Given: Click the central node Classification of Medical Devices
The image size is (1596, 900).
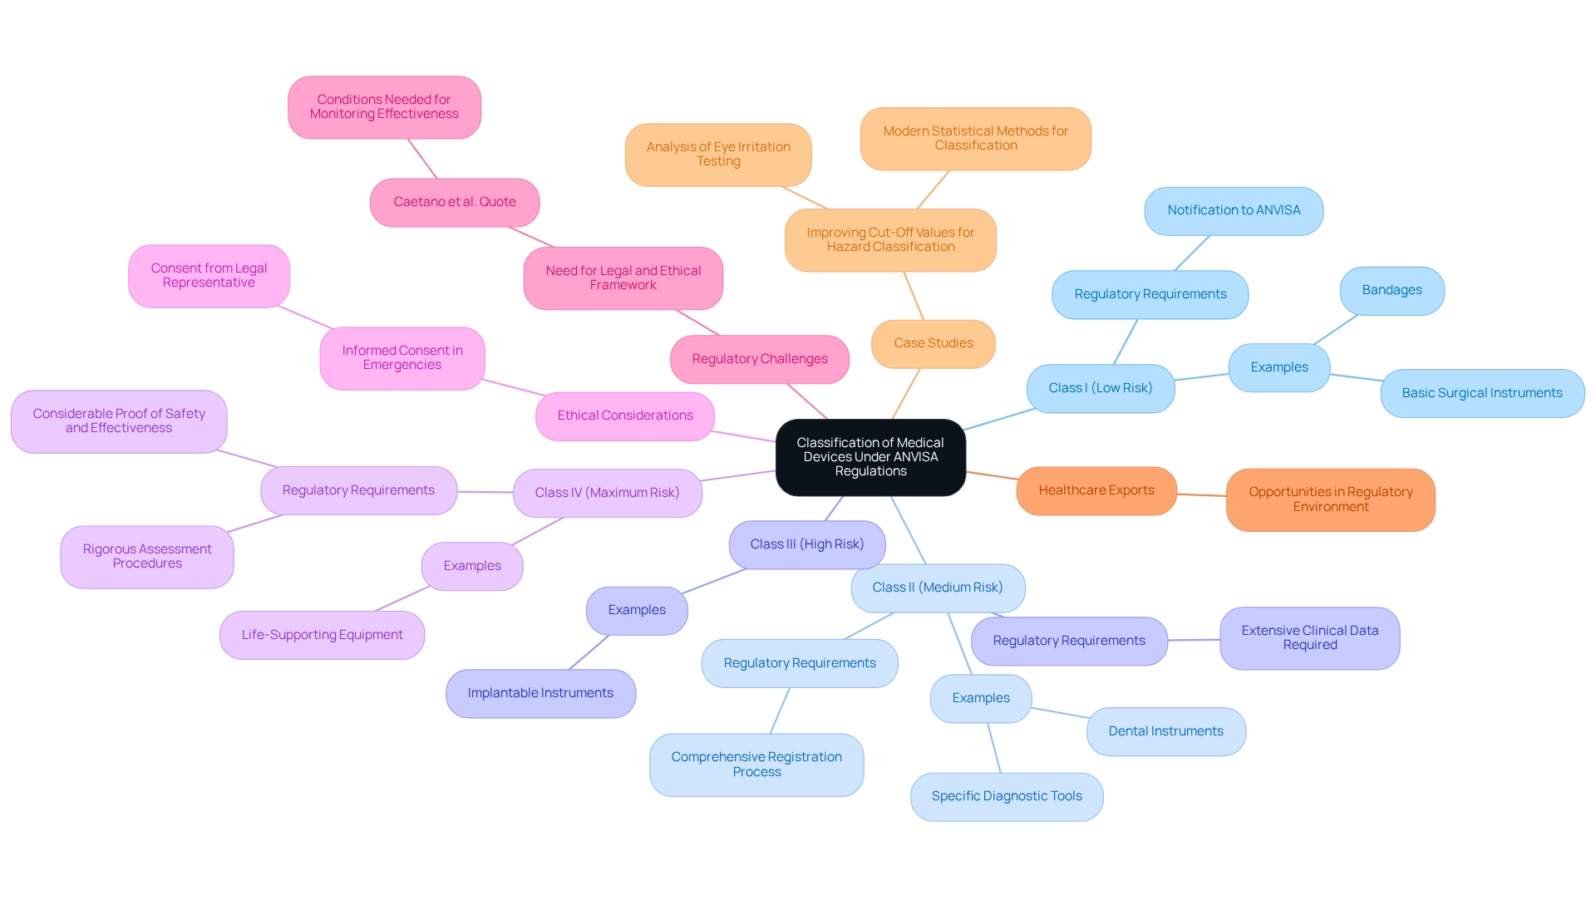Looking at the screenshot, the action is click(x=870, y=457).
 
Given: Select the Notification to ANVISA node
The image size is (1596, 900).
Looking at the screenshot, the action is click(x=1234, y=210).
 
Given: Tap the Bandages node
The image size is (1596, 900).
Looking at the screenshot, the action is click(x=1392, y=290).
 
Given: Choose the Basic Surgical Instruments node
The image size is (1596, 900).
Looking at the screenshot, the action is click(x=1481, y=393).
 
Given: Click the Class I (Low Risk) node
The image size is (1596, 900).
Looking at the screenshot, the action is click(x=1100, y=388).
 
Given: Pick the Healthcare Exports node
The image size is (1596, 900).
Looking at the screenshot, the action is click(x=1096, y=490).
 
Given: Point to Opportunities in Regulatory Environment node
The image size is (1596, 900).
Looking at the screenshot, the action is click(x=1330, y=499).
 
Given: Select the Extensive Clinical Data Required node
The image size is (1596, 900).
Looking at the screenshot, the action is click(x=1309, y=637).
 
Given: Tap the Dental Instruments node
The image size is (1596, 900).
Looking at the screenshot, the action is click(x=1165, y=731).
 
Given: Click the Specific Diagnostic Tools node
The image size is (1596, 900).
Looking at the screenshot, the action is click(x=1006, y=796).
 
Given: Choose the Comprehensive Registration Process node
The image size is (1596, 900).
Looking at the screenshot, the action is click(x=756, y=765).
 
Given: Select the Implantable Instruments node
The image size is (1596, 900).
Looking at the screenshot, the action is click(x=540, y=693).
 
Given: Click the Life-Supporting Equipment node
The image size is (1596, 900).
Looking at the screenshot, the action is click(x=322, y=635).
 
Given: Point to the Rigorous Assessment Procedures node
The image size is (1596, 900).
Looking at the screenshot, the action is click(x=147, y=556).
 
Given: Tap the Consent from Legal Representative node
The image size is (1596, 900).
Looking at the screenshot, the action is click(x=209, y=275).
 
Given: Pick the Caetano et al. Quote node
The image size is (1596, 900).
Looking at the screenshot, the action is click(x=455, y=202).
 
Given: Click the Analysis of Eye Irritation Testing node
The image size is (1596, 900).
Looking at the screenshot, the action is click(x=718, y=154).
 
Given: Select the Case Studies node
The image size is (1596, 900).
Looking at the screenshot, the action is click(x=933, y=343).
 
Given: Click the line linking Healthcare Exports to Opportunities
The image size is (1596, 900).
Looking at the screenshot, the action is click(x=1201, y=495).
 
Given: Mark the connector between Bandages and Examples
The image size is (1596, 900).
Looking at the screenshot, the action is click(x=1335, y=329).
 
